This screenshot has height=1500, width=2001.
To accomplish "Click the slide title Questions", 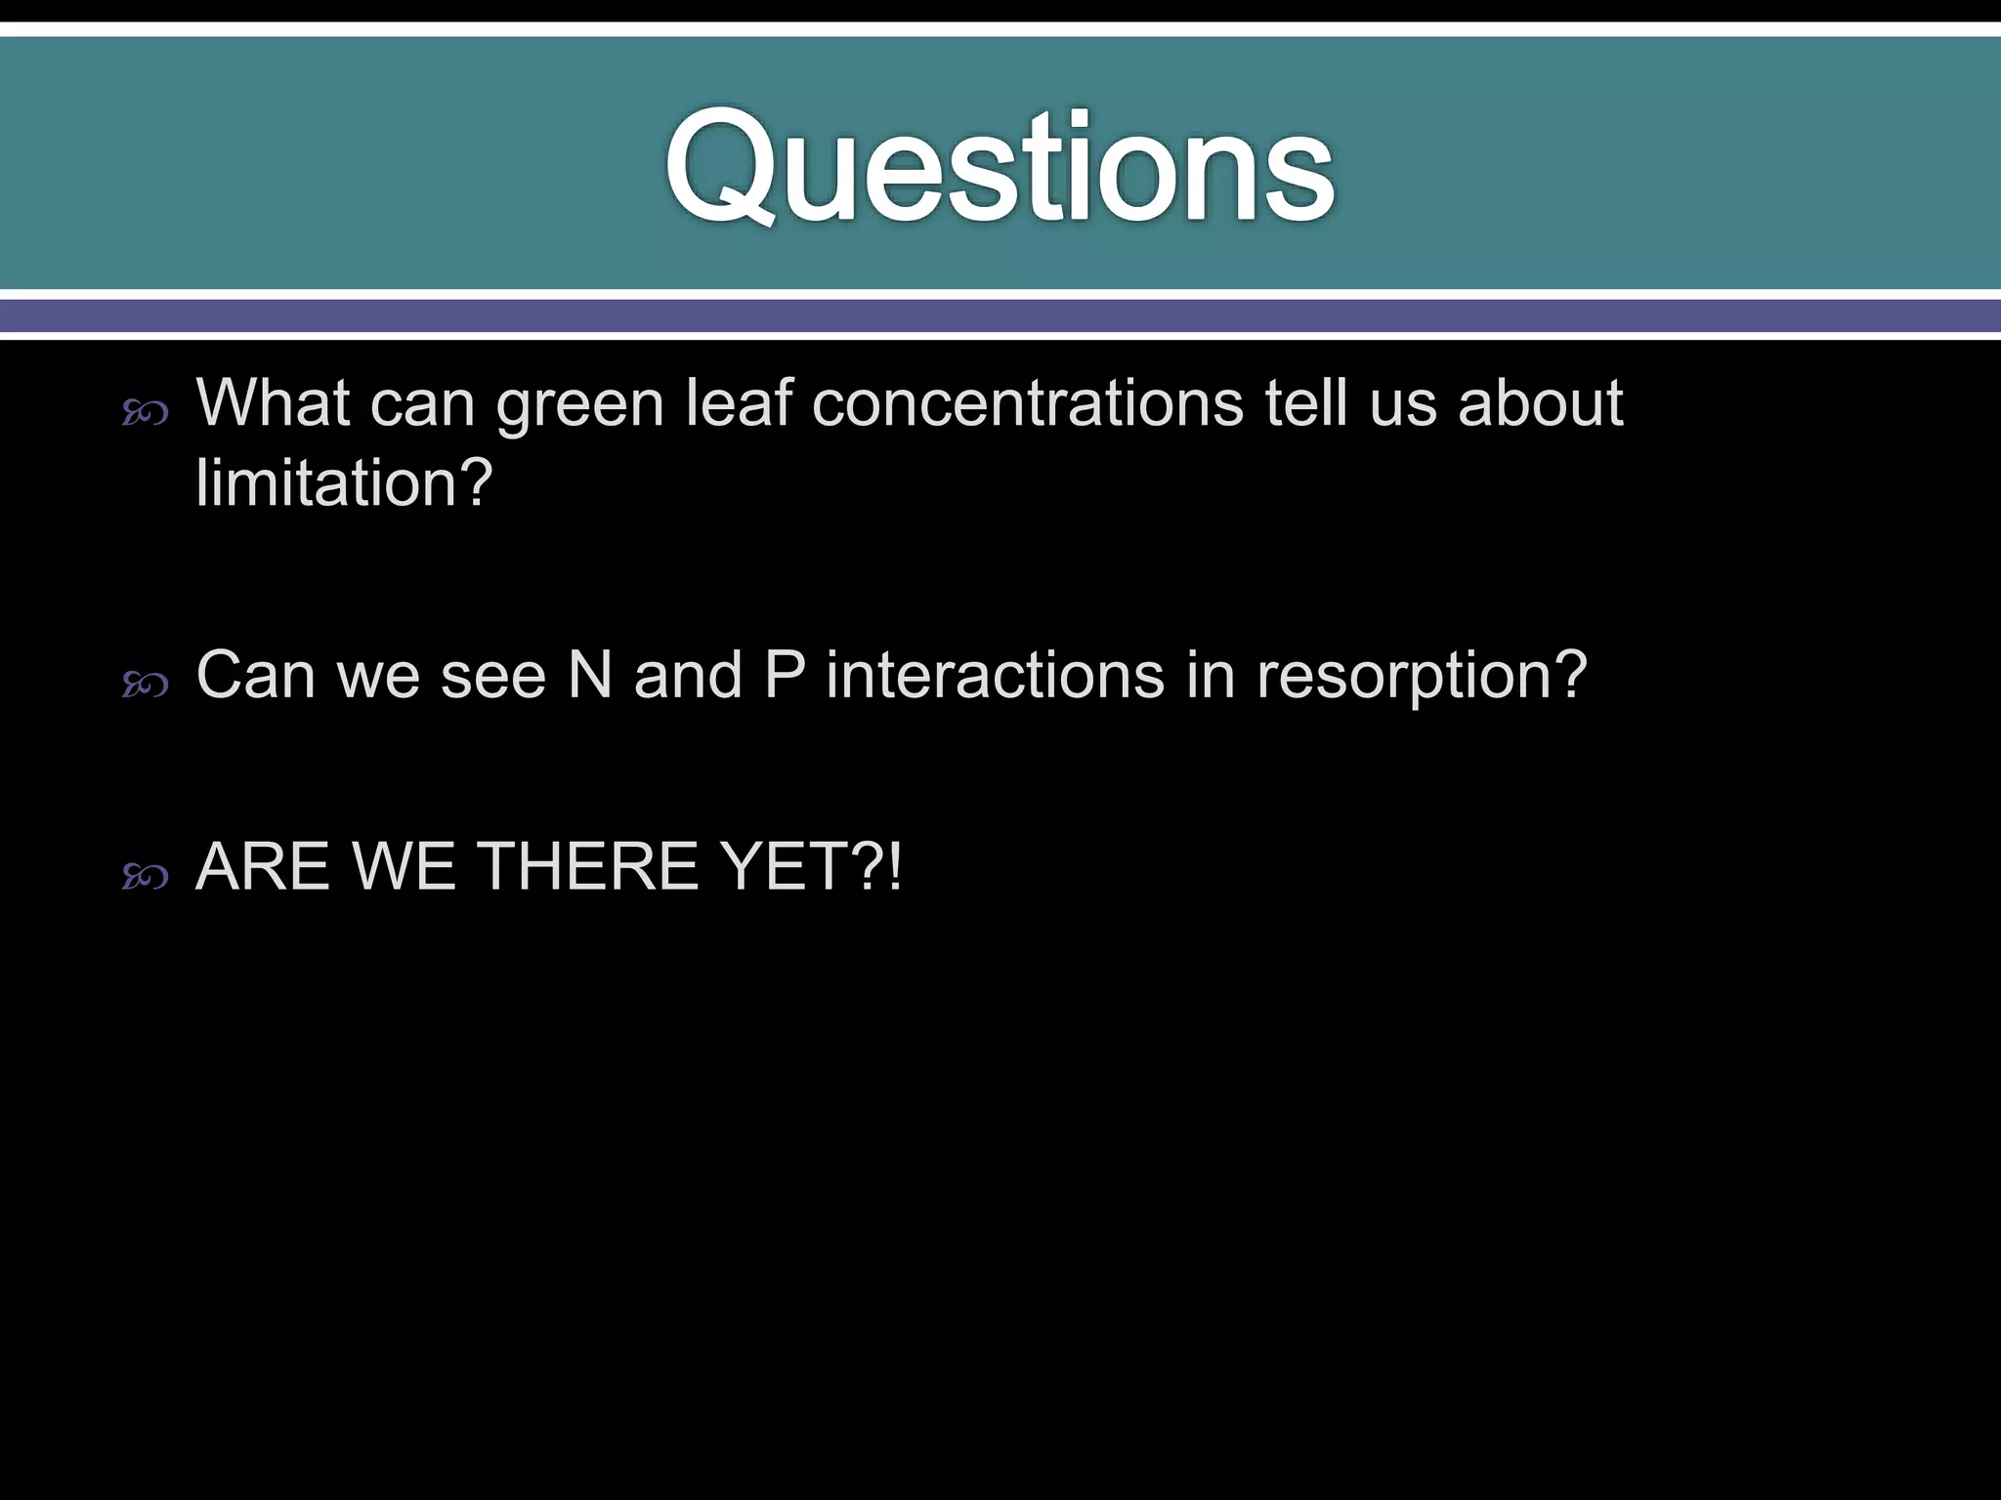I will coord(1000,168).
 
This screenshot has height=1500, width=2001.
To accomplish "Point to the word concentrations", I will coord(1027,403).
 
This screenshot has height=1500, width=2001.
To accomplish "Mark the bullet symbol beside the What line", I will coord(146,415).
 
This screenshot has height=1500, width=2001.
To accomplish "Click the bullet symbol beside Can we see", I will coord(146,686).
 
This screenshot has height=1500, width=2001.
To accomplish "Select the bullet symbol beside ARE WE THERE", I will coord(146,878).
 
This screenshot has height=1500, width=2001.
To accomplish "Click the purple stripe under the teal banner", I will coord(1000,315).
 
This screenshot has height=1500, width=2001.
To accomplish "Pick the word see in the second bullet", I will coord(492,676).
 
